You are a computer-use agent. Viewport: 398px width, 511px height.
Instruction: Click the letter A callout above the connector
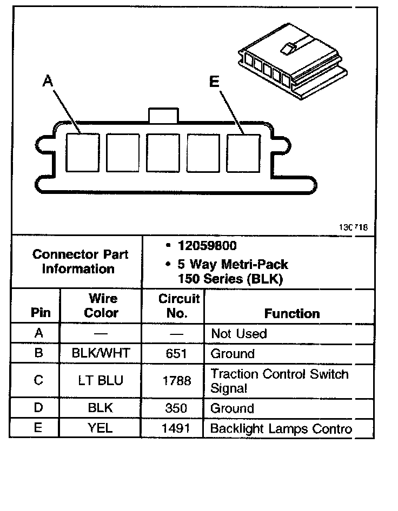coord(48,81)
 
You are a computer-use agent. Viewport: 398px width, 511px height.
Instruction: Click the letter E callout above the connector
coord(214,82)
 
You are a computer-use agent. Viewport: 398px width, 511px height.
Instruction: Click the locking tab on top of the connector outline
coord(163,115)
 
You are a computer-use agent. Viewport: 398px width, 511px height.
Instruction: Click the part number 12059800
coord(207,246)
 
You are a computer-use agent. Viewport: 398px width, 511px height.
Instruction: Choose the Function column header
coord(292,313)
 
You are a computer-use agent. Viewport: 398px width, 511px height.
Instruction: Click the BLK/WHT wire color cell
coord(101,354)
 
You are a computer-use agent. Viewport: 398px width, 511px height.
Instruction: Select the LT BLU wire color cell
coord(101,380)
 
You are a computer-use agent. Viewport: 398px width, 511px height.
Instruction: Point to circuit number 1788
coord(177,381)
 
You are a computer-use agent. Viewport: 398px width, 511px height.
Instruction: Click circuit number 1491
coord(177,429)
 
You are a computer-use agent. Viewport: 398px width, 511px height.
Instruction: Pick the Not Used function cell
coord(239,333)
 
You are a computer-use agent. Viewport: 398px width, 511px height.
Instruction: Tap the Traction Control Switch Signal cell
coord(280,381)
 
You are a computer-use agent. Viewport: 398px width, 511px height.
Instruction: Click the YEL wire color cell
coord(101,428)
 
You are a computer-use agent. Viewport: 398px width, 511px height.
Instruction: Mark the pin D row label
coord(38,408)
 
